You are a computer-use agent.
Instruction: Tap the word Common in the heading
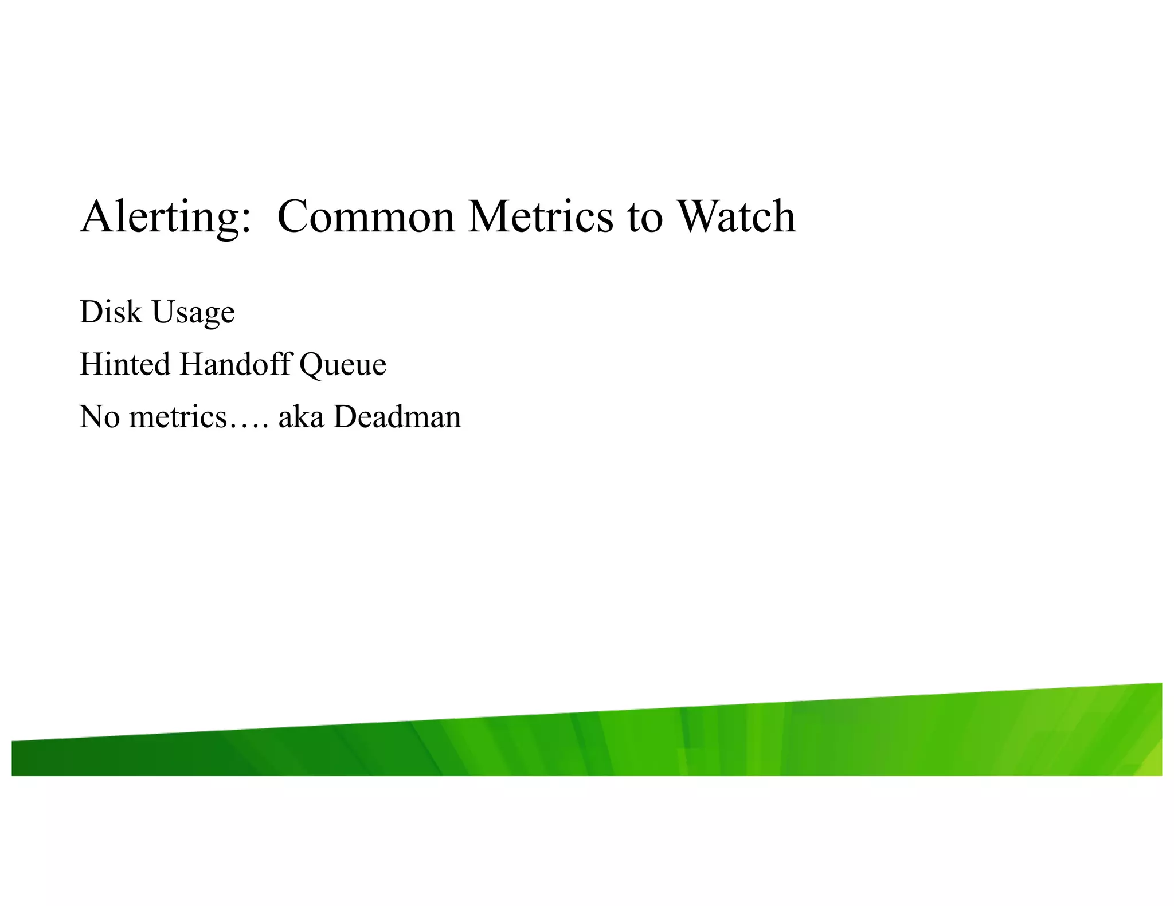coord(366,216)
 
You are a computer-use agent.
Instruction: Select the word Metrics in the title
coord(540,216)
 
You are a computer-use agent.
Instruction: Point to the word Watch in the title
coord(736,216)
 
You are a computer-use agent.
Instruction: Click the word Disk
coord(111,312)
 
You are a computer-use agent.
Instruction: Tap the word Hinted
coord(125,364)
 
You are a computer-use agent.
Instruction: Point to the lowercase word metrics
coord(178,417)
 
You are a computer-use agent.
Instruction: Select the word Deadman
coord(397,417)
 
